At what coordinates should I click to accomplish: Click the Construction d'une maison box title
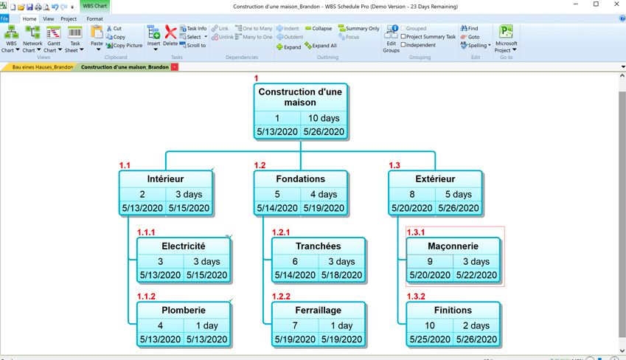pyautogui.click(x=300, y=97)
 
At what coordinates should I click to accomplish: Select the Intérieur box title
pyautogui.click(x=165, y=179)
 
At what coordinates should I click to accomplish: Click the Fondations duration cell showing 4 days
pyautogui.click(x=323, y=195)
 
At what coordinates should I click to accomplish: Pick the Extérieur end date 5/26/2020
pyautogui.click(x=458, y=208)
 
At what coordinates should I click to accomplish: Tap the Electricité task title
pyautogui.click(x=183, y=246)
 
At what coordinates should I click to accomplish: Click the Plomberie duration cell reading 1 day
pyautogui.click(x=206, y=325)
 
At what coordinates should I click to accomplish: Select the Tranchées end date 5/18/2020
pyautogui.click(x=341, y=275)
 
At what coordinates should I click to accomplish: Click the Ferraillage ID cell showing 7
pyautogui.click(x=295, y=325)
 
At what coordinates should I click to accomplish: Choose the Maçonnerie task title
pyautogui.click(x=453, y=246)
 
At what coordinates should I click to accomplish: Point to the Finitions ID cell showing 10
pyautogui.click(x=430, y=325)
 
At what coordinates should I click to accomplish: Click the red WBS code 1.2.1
pyautogui.click(x=281, y=232)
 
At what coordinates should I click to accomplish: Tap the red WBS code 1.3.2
pyautogui.click(x=416, y=297)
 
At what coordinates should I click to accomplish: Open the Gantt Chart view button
pyautogui.click(x=54, y=39)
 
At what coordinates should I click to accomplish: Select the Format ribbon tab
pyautogui.click(x=94, y=18)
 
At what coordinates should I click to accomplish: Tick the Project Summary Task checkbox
pyautogui.click(x=403, y=37)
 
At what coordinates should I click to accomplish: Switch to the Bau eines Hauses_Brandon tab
pyautogui.click(x=43, y=67)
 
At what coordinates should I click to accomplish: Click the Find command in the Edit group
pyautogui.click(x=470, y=29)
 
